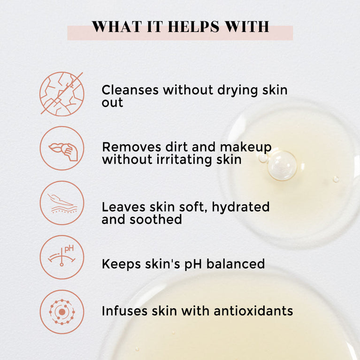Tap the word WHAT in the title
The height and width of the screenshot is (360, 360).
(116, 27)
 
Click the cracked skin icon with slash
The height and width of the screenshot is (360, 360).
(62, 94)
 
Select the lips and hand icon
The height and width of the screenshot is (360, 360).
(62, 148)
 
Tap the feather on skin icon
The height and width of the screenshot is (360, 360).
(62, 203)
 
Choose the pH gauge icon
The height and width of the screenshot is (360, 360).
(62, 257)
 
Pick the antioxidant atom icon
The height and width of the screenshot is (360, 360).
(62, 312)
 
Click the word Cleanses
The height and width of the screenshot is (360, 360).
(130, 90)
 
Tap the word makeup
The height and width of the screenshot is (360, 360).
(245, 148)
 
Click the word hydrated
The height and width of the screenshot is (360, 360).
(241, 207)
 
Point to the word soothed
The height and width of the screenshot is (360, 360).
(156, 220)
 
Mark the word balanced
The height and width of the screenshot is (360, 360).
(236, 264)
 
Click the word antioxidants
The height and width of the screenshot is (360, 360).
(253, 311)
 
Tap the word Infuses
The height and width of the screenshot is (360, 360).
(124, 311)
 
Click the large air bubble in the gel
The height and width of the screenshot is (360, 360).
(282, 166)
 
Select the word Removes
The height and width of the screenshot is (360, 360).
(131, 147)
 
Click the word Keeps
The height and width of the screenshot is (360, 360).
(121, 265)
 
